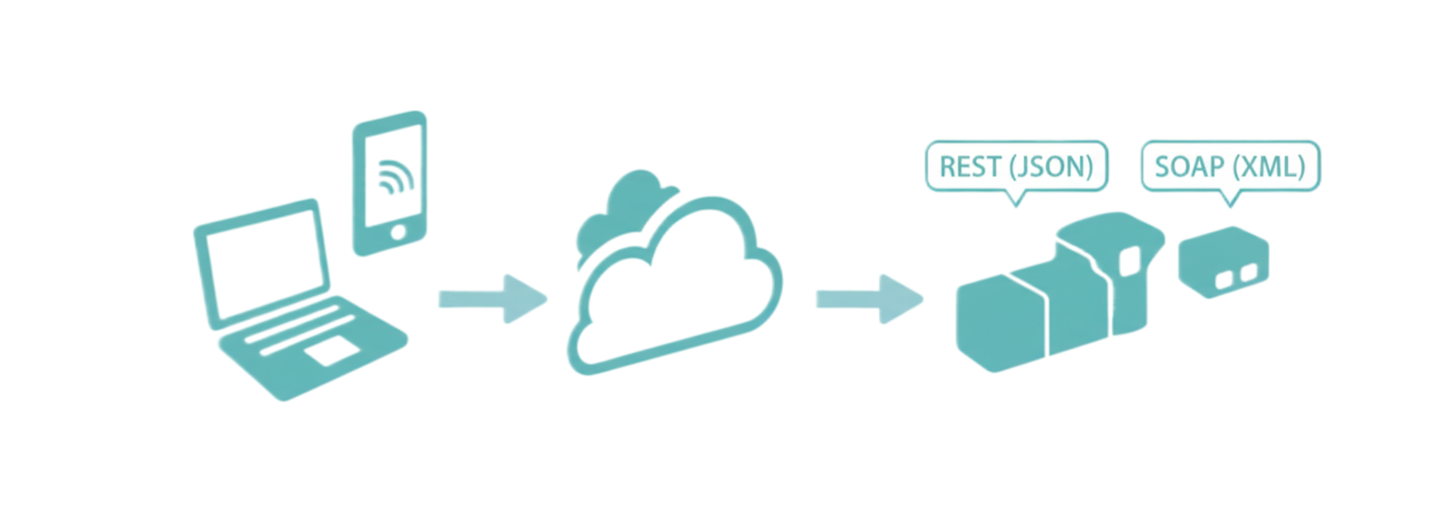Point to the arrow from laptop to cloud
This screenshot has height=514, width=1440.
492,299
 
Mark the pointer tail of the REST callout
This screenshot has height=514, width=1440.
1015,201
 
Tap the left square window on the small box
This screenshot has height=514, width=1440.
1226,278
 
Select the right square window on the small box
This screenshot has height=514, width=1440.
1247,273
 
